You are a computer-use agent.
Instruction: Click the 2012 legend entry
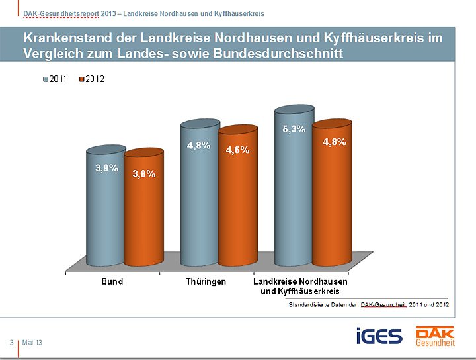91,79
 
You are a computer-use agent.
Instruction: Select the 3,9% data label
106,168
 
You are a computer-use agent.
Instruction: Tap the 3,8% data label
144,174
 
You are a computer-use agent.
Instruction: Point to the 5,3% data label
294,130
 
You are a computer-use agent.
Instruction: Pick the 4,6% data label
237,150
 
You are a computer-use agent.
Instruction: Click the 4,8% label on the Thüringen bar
199,146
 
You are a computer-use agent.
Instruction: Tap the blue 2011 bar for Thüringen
200,205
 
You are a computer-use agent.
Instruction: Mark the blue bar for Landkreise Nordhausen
294,199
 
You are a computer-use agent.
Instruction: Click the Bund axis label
112,281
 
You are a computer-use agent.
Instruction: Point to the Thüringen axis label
206,281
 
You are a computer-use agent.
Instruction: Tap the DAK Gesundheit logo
434,336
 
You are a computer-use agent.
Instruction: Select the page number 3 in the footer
12,342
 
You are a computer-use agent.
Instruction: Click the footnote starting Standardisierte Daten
368,304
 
